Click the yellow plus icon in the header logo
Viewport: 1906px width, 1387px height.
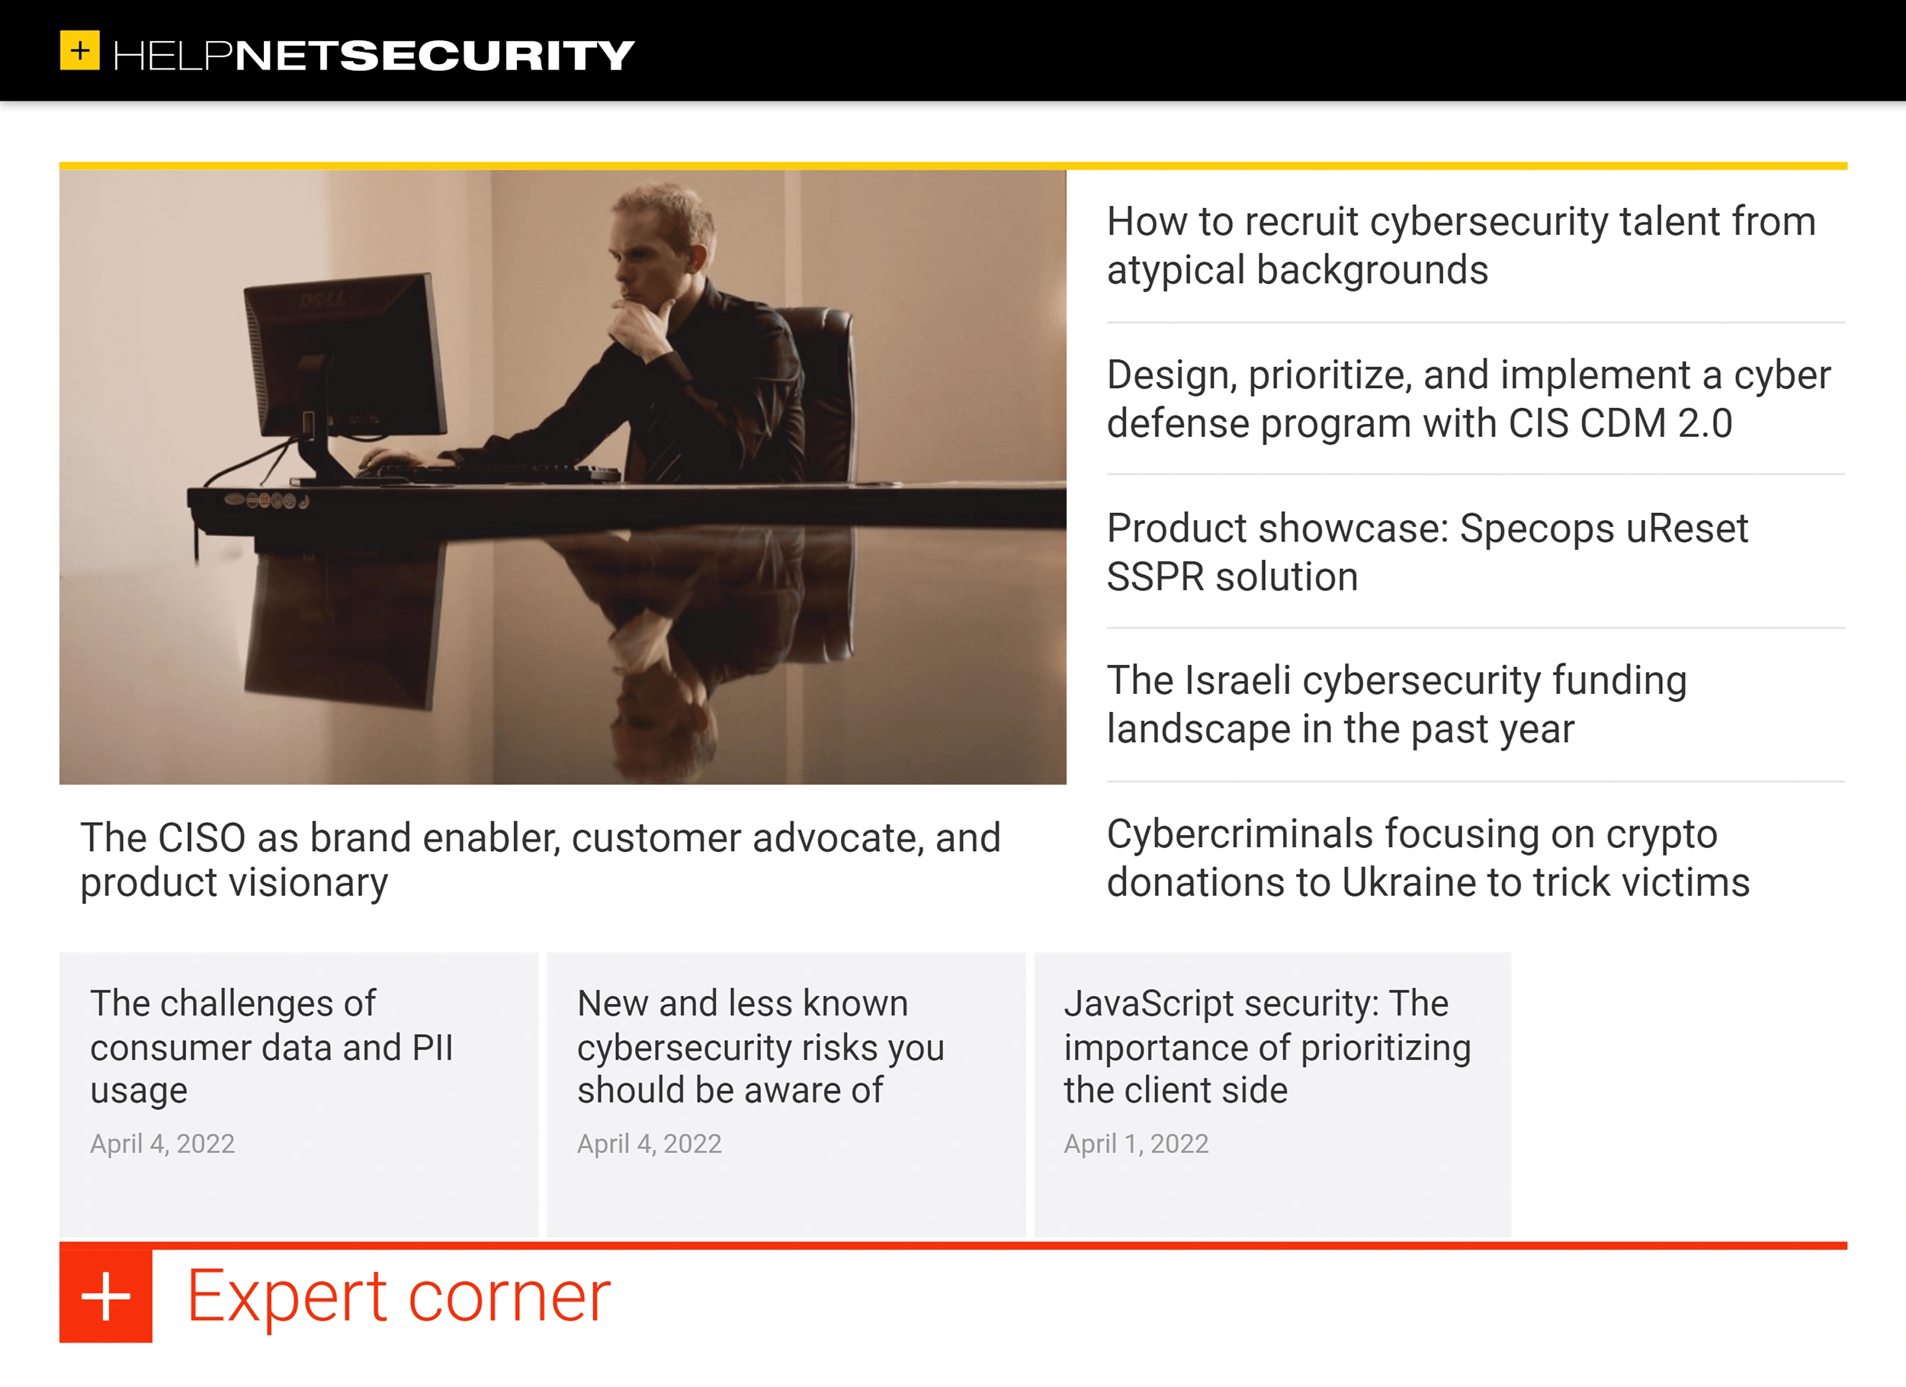[80, 50]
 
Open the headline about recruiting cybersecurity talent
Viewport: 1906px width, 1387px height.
[1461, 246]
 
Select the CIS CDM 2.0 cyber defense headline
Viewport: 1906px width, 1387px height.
[1468, 399]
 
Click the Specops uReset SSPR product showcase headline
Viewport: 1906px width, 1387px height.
[1426, 552]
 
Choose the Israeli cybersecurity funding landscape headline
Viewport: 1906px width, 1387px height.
[1396, 705]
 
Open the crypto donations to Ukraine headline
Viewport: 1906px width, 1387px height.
[1427, 859]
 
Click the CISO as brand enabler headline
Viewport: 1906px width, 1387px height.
[540, 860]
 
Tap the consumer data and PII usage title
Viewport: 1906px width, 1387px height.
[271, 1047]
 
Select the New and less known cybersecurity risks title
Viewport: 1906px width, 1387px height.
[759, 1047]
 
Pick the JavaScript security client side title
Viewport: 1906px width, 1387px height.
[1266, 1047]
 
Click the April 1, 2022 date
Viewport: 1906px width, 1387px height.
[1135, 1144]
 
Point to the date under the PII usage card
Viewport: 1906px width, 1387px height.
[162, 1144]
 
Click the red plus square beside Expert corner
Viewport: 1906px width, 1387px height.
[106, 1296]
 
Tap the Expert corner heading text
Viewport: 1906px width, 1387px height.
[398, 1296]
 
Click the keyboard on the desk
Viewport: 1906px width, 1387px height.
[496, 470]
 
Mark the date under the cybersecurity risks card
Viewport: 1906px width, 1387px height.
[649, 1144]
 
